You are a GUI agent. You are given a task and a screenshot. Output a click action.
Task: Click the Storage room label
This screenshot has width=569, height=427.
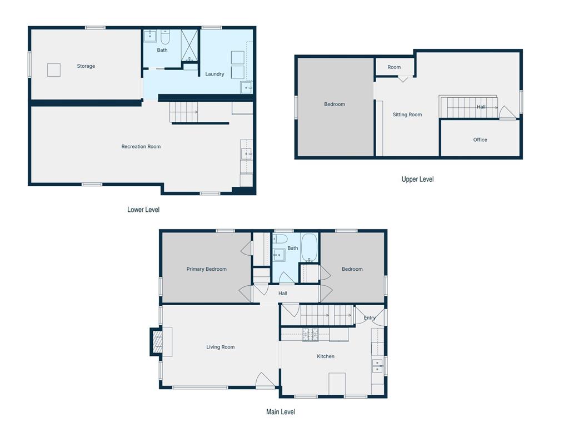coord(86,66)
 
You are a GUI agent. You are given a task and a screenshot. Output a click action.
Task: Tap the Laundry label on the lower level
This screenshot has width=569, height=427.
coord(214,74)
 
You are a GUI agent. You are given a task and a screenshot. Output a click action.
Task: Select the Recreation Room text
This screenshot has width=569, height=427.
coord(141,147)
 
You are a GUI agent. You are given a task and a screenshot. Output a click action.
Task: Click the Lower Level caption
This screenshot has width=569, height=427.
coord(143,210)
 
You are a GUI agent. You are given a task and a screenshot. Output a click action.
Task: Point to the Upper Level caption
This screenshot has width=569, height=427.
coord(417,179)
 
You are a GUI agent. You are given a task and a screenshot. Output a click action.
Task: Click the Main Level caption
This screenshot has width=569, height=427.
coord(281,412)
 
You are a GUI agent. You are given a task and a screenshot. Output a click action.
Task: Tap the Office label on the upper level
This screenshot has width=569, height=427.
coord(480,140)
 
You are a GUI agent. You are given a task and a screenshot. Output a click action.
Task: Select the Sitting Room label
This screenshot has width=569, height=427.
coord(407,115)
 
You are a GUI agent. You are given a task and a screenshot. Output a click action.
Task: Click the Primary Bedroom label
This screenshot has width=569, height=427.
coord(207,269)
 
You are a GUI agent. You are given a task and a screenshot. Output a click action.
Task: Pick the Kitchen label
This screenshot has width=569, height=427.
coord(326,356)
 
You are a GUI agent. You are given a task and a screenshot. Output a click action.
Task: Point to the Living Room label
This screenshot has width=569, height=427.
coord(220,347)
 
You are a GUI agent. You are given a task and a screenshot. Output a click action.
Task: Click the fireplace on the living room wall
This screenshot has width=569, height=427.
coord(157,342)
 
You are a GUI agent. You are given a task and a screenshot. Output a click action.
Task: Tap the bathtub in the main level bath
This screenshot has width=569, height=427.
coord(309,247)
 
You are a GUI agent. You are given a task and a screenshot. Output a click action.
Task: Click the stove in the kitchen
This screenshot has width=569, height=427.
coord(310,335)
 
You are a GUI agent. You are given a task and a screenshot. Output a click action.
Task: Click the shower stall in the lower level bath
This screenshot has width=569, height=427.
coord(189,46)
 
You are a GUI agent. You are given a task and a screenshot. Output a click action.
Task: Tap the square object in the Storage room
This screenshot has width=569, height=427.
coord(54,70)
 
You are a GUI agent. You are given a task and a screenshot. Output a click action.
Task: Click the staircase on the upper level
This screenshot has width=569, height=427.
coord(468,107)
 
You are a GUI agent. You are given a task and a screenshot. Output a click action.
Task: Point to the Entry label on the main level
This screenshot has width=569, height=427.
coord(370,317)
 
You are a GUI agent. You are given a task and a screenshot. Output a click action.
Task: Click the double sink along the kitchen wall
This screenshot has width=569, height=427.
coord(377,366)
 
